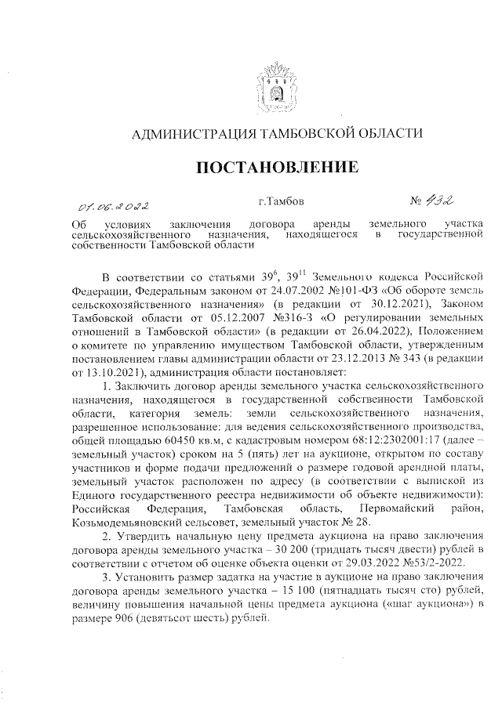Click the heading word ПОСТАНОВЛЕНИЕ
[x=276, y=168]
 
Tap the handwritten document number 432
[x=437, y=202]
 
